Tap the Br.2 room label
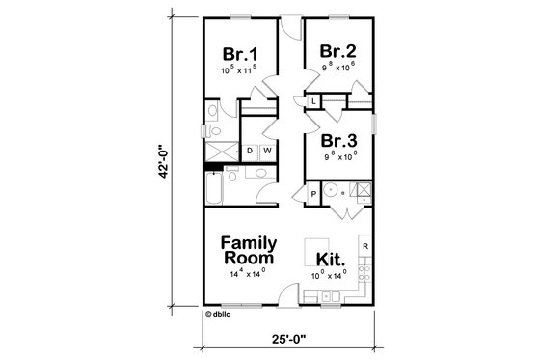pos(339,51)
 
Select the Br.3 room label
pos(339,138)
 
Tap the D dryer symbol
pos(249,151)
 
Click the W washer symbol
pos(265,151)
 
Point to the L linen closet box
pos(314,100)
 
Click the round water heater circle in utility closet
pos(334,189)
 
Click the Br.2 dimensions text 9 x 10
pos(339,68)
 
